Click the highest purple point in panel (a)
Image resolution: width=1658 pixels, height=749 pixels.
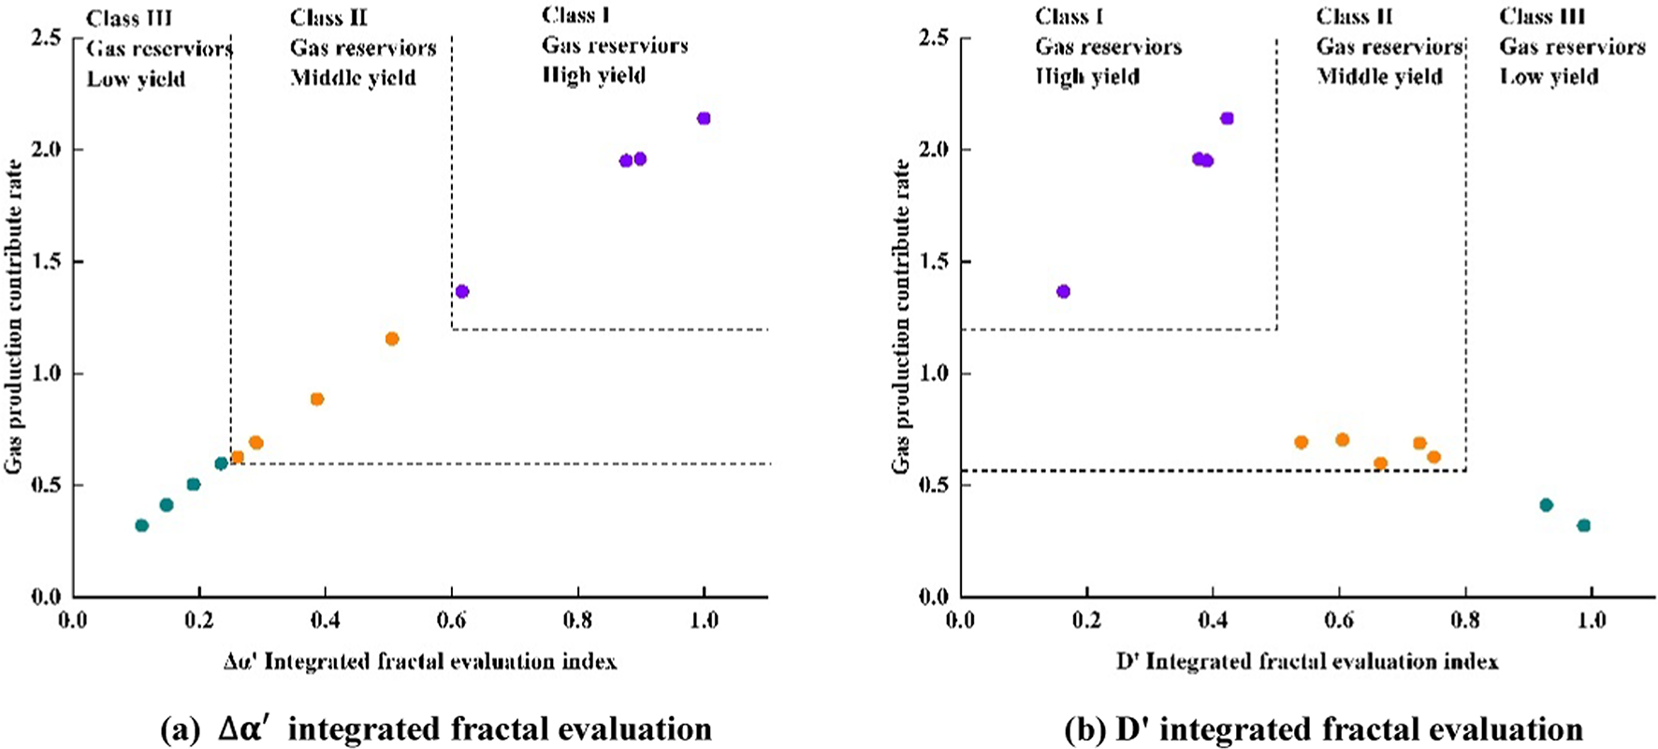(x=704, y=118)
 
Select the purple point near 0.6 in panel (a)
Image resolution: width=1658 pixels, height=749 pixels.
(x=462, y=291)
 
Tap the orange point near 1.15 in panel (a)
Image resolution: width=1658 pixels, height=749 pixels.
(x=392, y=339)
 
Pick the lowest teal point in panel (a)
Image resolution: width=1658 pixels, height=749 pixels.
(x=141, y=525)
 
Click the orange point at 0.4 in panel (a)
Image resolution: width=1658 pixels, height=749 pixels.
(x=317, y=399)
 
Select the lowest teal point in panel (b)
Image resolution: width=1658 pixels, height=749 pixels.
(x=1583, y=525)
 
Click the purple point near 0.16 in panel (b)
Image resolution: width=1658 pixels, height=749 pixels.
(x=1063, y=291)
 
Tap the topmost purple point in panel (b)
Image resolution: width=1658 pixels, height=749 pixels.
(x=1227, y=118)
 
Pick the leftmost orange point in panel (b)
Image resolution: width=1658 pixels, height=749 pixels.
(x=1301, y=442)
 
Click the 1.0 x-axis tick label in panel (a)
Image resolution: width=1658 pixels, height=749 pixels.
(x=704, y=621)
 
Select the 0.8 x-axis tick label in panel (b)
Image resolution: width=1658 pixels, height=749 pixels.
(x=1465, y=621)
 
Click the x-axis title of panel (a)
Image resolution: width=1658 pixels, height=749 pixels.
(x=420, y=663)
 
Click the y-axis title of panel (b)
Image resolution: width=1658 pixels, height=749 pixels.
(x=901, y=316)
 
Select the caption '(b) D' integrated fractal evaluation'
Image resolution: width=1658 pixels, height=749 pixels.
(x=1323, y=728)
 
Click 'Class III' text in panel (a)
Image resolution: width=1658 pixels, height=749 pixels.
(x=129, y=18)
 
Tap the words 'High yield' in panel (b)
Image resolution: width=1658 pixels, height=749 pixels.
(x=1087, y=77)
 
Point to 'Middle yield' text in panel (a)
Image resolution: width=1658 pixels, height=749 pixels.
(x=353, y=78)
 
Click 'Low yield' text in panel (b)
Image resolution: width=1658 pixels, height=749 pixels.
(x=1549, y=77)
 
